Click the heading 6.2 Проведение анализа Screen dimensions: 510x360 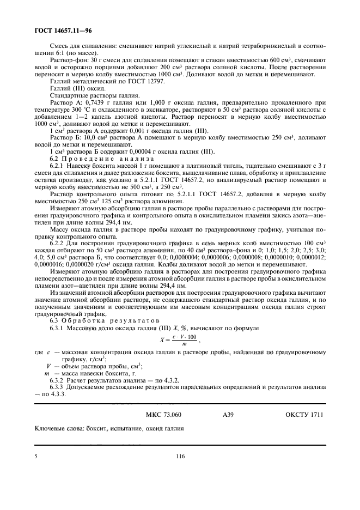(x=93, y=157)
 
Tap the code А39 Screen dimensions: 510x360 (x=228, y=415)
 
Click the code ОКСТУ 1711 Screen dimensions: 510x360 (x=304, y=415)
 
